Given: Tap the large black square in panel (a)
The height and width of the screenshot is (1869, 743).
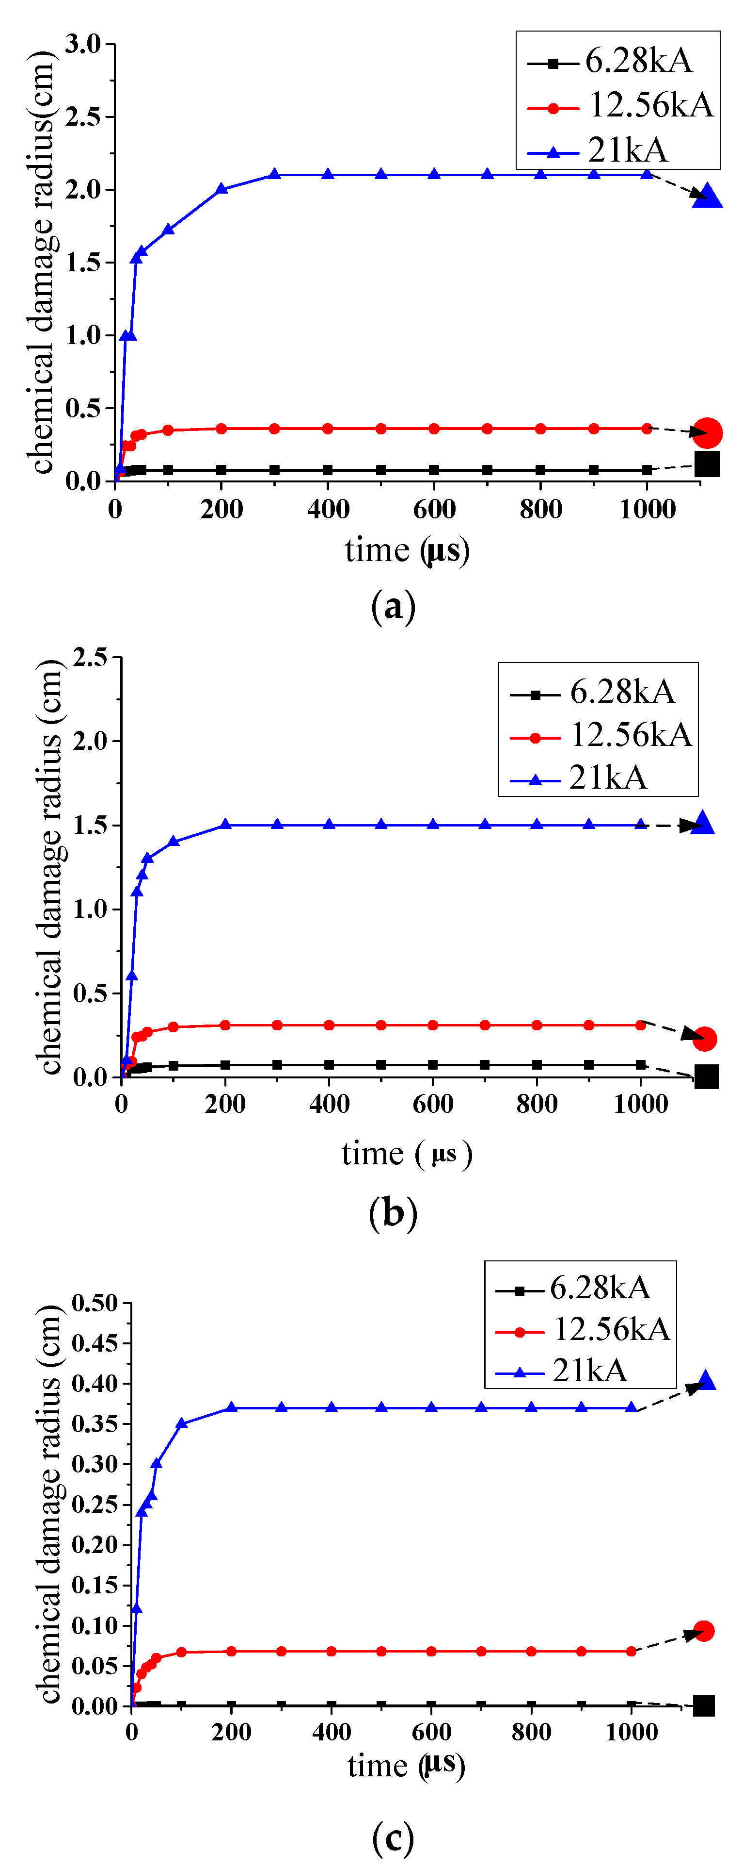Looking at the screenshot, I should (707, 463).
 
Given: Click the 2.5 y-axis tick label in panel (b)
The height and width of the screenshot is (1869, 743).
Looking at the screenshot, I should (90, 658).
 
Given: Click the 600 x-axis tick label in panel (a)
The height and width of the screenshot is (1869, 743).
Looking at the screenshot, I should (434, 509).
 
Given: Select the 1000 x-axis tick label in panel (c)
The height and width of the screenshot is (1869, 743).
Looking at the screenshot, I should (632, 1732).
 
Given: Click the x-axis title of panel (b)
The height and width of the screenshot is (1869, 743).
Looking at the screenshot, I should (406, 1154).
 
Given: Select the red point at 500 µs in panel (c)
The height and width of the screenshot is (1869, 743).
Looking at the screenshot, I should (381, 1652).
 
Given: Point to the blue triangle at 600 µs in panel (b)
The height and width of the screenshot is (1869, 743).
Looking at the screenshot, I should (433, 825).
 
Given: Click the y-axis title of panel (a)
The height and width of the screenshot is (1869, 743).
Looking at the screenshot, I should (42, 261).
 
